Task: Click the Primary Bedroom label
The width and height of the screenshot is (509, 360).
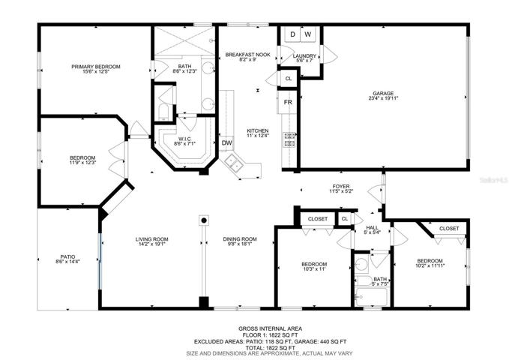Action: [x=96, y=67]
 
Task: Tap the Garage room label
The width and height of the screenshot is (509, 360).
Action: [x=383, y=93]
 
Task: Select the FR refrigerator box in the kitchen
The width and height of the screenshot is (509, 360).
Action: [x=288, y=102]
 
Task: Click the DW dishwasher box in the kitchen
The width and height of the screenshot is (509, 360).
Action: [x=226, y=142]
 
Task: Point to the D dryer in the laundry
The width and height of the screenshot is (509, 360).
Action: [x=292, y=34]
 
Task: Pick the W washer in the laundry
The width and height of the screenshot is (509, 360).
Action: [x=308, y=34]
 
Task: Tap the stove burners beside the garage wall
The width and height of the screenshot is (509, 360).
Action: [x=289, y=139]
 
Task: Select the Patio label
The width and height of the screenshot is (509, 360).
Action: [x=68, y=256]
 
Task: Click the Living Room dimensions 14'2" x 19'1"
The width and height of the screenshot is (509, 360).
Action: [x=152, y=244]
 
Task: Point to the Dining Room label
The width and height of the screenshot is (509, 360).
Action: [x=240, y=239]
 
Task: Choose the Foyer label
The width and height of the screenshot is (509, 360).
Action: [x=341, y=187]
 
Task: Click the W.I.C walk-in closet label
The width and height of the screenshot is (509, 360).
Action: [x=184, y=139]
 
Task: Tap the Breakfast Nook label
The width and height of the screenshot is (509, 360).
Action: [x=247, y=55]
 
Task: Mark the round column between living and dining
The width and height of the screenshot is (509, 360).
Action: [x=204, y=220]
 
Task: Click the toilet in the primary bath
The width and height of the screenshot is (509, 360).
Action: [x=163, y=112]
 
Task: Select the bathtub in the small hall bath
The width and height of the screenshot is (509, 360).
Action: [x=371, y=297]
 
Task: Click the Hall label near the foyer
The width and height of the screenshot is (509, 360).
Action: [x=372, y=228]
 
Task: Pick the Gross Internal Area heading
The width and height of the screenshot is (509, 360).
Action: [x=270, y=328]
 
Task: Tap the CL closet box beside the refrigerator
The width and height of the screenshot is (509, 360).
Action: [x=289, y=79]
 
